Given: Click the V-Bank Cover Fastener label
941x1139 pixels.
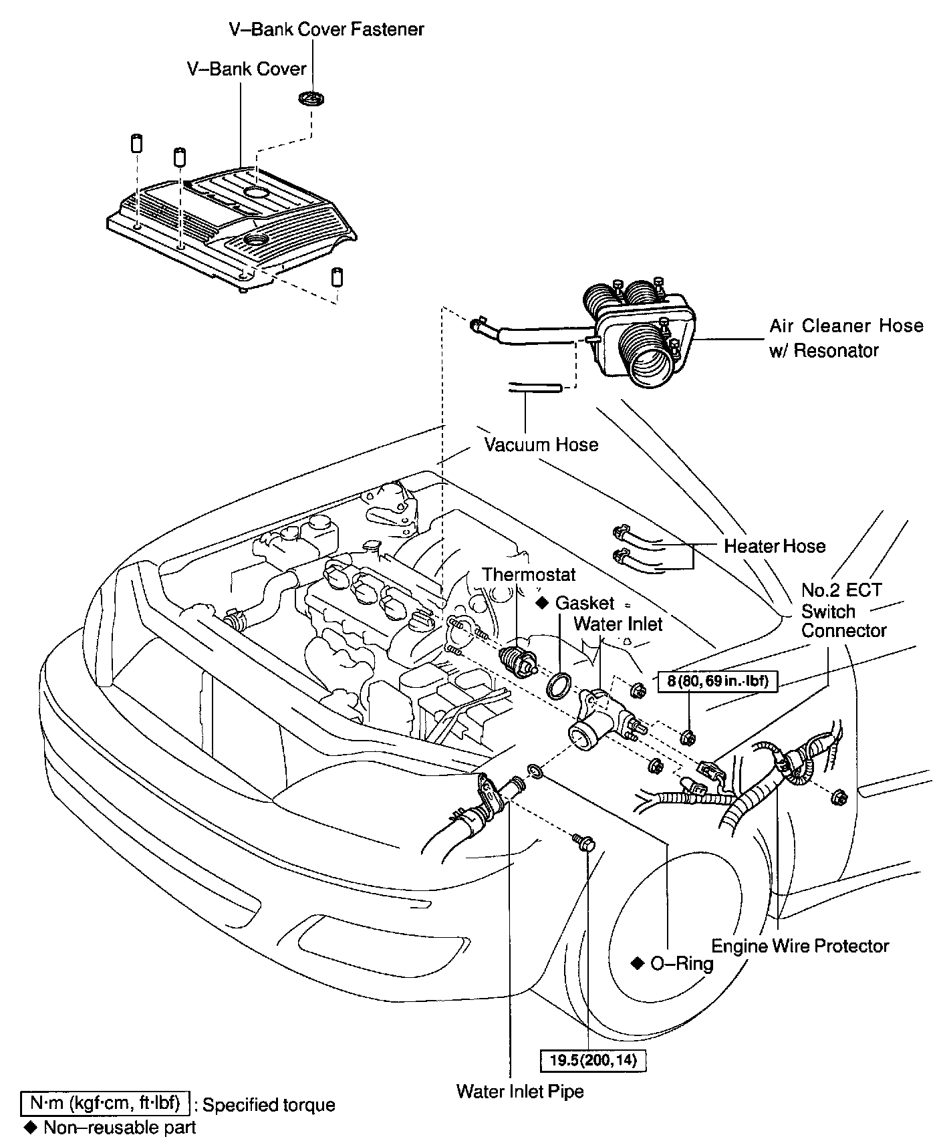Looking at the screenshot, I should tap(327, 29).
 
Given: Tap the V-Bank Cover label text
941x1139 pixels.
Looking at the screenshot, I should tap(247, 69).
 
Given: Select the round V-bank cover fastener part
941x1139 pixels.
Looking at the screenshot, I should tap(311, 98).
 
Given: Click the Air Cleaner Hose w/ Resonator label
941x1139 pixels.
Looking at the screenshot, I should tap(845, 338).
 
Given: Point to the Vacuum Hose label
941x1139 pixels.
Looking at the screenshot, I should tap(541, 445).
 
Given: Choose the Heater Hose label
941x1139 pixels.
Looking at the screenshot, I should tap(775, 546).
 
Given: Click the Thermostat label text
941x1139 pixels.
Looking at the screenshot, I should tap(529, 574).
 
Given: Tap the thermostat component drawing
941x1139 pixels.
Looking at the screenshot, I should tap(519, 659).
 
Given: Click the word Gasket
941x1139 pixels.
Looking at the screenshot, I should tap(584, 603).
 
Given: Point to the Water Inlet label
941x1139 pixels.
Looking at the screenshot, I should tap(618, 624).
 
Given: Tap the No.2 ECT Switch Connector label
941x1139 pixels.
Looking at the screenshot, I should tap(843, 611).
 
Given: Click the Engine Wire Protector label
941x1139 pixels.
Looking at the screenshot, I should tap(800, 946).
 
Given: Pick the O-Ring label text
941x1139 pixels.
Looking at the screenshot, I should tap(681, 963).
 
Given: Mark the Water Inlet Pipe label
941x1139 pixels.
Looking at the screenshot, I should tap(520, 1092).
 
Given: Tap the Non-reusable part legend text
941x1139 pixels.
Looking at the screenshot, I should tap(120, 1128).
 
